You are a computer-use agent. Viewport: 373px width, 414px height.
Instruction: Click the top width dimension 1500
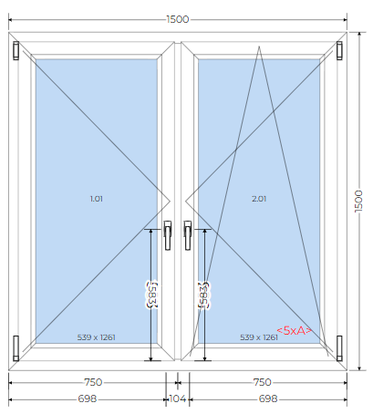click(178, 19)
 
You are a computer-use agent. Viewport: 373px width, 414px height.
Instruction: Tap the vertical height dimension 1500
click(358, 202)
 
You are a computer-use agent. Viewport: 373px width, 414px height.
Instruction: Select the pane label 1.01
click(97, 199)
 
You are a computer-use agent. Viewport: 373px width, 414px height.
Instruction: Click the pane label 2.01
click(259, 199)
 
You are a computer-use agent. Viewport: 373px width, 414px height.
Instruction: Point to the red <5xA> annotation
click(294, 330)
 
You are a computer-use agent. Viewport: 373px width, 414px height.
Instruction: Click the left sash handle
click(168, 235)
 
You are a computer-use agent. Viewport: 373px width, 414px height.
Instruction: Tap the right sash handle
click(188, 235)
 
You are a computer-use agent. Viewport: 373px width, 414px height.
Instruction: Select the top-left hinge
click(16, 50)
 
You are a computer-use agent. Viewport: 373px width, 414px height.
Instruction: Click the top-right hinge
click(339, 50)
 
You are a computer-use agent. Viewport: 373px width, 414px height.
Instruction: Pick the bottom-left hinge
click(16, 348)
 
